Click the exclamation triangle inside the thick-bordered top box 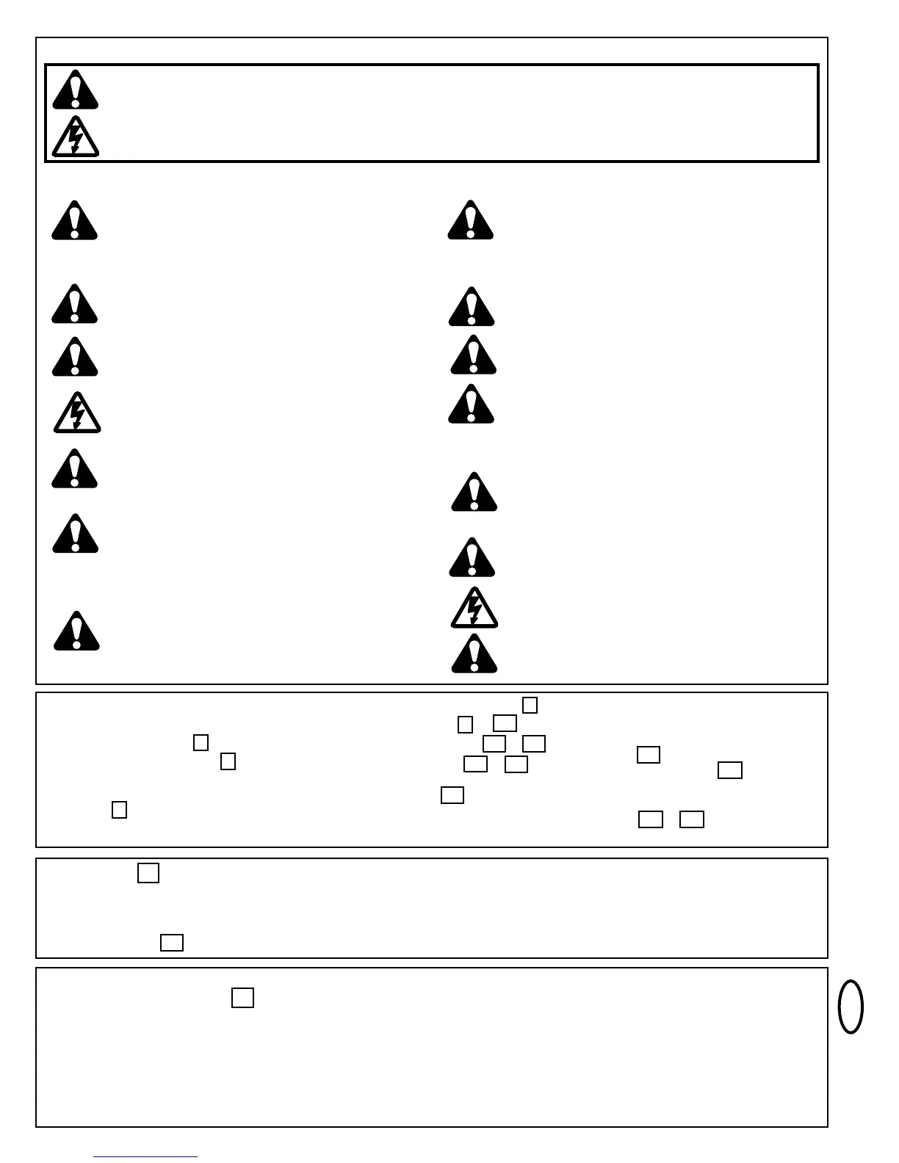tap(75, 90)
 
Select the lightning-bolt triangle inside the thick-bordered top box tap(75, 137)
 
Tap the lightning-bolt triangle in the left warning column tap(76, 413)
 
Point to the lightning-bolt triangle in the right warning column tap(474, 609)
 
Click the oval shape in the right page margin tap(851, 1007)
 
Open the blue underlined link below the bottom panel tap(145, 1156)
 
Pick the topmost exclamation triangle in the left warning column tap(74, 221)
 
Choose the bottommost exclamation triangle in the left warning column tap(76, 631)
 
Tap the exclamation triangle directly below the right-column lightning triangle tap(474, 654)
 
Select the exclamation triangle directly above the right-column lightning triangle tap(472, 559)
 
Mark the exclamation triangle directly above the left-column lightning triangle tap(75, 358)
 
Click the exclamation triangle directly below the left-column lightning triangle tap(74, 470)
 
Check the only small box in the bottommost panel tap(242, 998)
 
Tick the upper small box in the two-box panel tap(148, 873)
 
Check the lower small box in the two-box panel tap(171, 942)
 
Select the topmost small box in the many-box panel tap(530, 705)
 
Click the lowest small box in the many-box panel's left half tap(119, 810)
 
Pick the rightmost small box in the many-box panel tap(730, 770)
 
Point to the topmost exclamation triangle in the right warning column tap(471, 221)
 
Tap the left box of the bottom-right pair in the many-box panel tap(651, 819)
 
